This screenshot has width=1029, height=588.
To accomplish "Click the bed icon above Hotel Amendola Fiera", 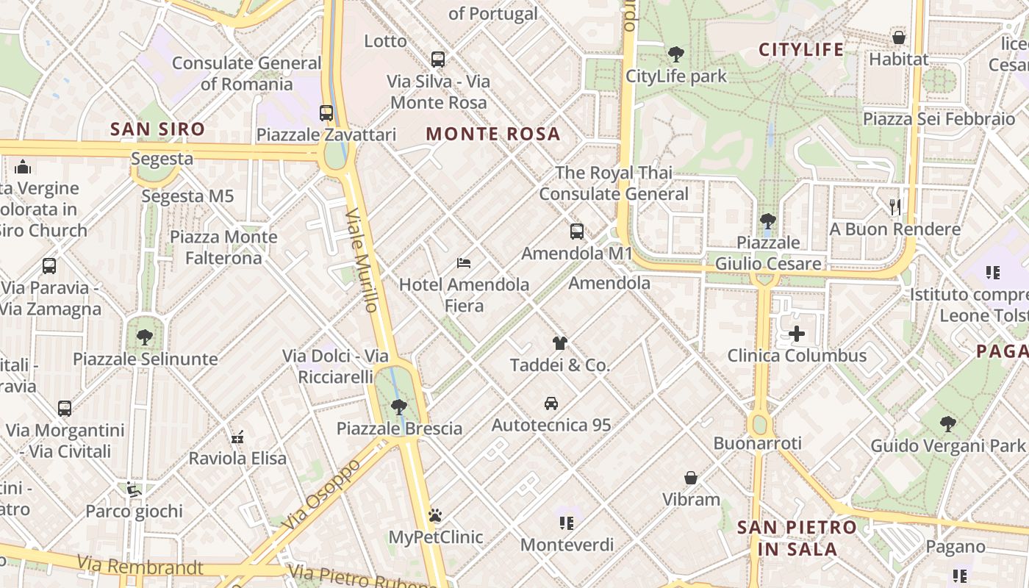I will pyautogui.click(x=463, y=262).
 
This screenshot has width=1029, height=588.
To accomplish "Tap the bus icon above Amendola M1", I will pyautogui.click(x=577, y=232).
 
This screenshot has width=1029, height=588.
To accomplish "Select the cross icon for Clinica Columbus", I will pyautogui.click(x=797, y=334).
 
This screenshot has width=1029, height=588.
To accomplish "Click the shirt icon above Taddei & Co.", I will pyautogui.click(x=560, y=343).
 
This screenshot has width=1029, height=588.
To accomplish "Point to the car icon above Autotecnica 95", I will pyautogui.click(x=551, y=404).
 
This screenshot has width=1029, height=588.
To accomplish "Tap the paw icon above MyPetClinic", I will pyautogui.click(x=435, y=515).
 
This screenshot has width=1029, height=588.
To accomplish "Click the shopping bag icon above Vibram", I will pyautogui.click(x=691, y=478).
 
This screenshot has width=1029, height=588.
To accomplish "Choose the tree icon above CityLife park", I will pyautogui.click(x=675, y=54).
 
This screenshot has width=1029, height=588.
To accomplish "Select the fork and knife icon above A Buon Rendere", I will pyautogui.click(x=894, y=207).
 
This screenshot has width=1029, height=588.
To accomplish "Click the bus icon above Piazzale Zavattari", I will pyautogui.click(x=326, y=113).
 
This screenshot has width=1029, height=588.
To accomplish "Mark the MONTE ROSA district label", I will pyautogui.click(x=493, y=135).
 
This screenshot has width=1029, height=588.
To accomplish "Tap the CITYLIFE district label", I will pyautogui.click(x=801, y=50).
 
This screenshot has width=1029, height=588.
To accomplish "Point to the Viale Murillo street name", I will pyautogui.click(x=362, y=259).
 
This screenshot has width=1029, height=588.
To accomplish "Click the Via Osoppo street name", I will pyautogui.click(x=321, y=494).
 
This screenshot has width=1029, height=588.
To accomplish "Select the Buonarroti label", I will pyautogui.click(x=757, y=443).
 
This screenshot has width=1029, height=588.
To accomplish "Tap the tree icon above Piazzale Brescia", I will pyautogui.click(x=399, y=406).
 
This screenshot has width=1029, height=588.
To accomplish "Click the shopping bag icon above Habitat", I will pyautogui.click(x=898, y=37).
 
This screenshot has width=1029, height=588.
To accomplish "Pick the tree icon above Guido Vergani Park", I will pyautogui.click(x=948, y=424).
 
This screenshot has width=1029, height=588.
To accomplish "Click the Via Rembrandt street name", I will pyautogui.click(x=140, y=566).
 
